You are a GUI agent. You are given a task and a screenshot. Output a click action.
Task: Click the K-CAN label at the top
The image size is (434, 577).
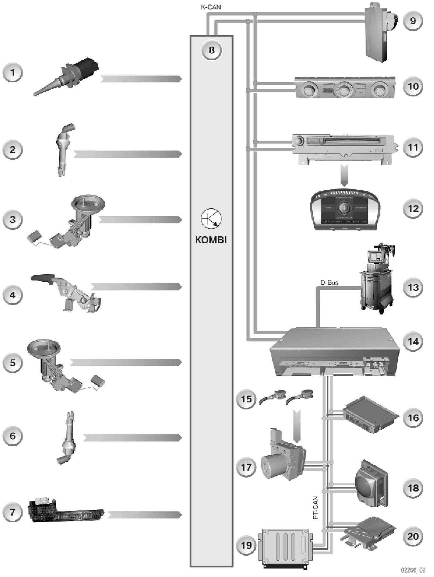click(211, 7)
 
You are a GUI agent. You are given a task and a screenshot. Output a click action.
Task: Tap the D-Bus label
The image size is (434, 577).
click(329, 282)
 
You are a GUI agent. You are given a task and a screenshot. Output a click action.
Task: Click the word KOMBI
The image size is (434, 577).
click(211, 240)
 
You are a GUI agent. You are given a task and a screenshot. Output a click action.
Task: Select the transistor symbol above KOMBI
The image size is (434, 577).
click(211, 219)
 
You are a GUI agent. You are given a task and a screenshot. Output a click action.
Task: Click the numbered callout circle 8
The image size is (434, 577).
click(211, 50)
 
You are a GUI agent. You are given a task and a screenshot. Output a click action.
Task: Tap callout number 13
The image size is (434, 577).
click(413, 288)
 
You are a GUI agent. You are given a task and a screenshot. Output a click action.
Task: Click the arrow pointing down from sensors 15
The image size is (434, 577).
click(297, 426)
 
